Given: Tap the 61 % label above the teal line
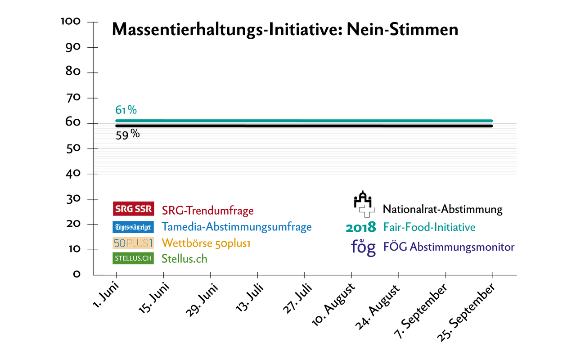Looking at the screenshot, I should pos(126,110).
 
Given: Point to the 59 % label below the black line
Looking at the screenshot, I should pos(127,134).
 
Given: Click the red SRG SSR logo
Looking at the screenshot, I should pos(133,209).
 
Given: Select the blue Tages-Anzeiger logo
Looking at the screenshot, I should pos(133,227).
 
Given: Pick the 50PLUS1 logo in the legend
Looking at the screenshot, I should pos(133,243).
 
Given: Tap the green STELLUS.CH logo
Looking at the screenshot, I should pos(133,258).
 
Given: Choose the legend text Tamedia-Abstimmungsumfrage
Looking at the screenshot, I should pos(237,227).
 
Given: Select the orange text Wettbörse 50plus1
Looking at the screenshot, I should pos(206,243).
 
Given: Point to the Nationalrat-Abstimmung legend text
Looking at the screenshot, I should pos(442,209).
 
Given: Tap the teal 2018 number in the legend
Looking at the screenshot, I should pos(360,227).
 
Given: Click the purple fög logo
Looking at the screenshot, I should pos(363,247).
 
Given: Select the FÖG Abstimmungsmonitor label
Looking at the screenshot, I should pos(448,247).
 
